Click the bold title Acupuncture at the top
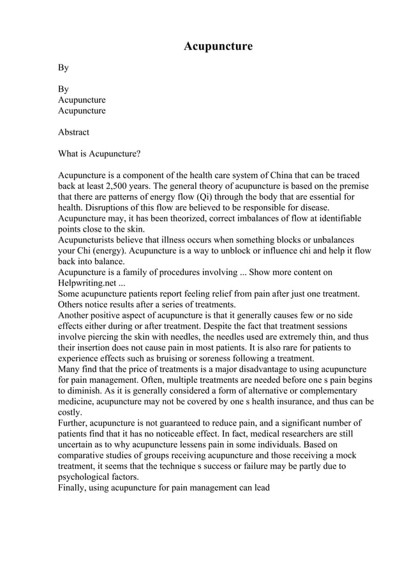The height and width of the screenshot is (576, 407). [218, 47]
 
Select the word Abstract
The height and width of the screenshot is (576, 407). [73, 132]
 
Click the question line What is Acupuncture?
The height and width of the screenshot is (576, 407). [99, 154]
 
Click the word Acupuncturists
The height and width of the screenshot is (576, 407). [87, 240]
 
